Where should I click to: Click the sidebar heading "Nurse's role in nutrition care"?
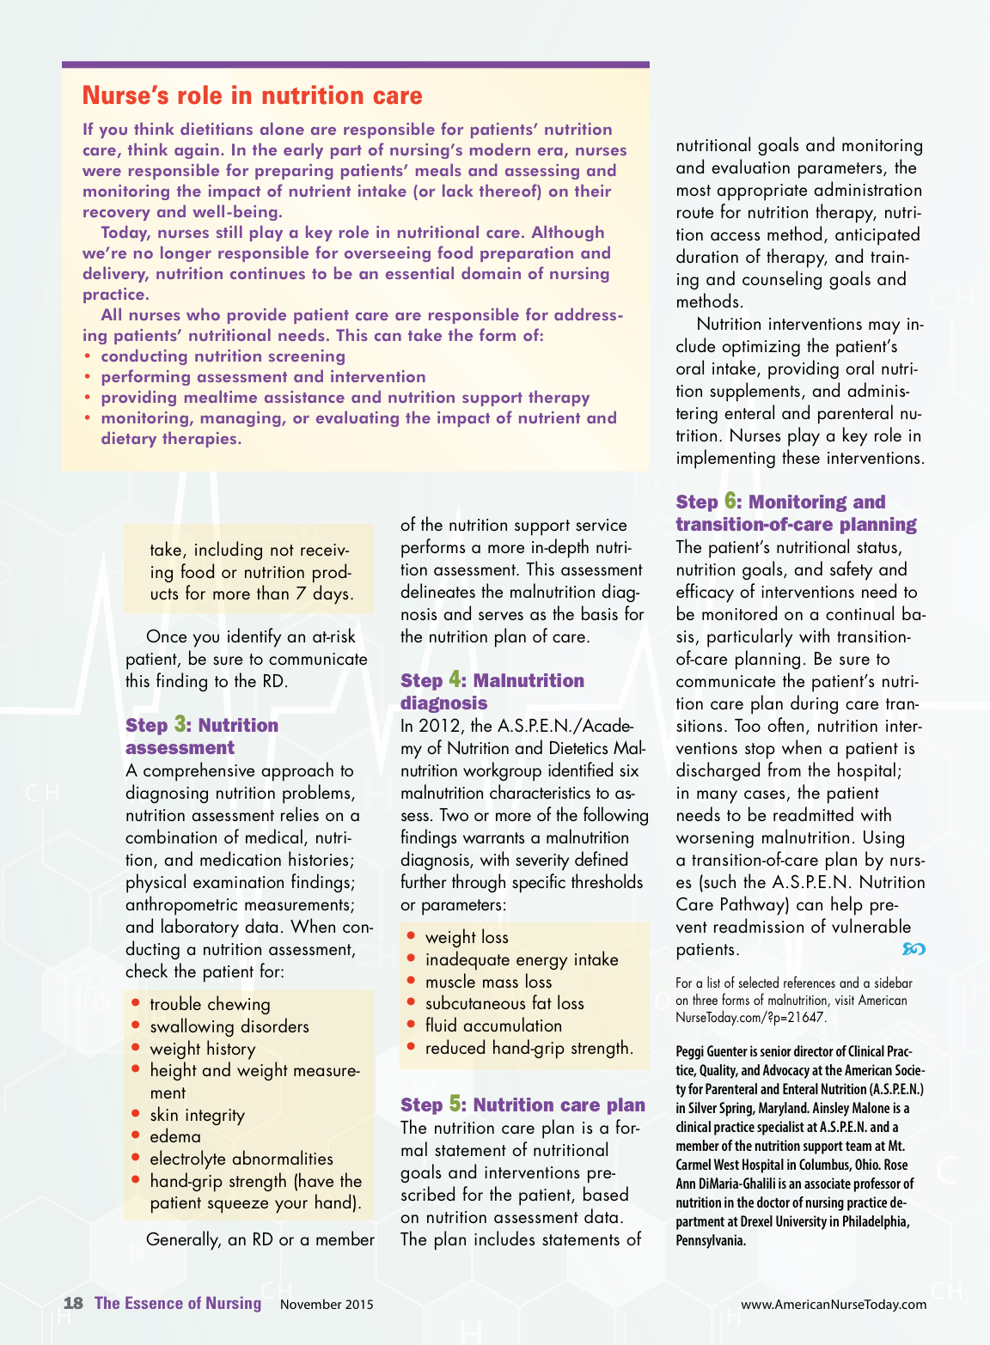[252, 95]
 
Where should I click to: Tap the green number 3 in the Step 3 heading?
[180, 724]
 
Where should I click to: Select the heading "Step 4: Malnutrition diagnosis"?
[492, 691]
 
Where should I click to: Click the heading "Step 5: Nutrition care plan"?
[522, 1105]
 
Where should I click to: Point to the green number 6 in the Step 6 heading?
[730, 501]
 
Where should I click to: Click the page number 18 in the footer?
[73, 1303]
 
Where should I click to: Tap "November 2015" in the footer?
[327, 1304]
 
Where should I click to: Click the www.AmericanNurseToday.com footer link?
[833, 1304]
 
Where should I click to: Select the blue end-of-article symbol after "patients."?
[914, 949]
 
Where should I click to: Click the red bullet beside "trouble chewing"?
[136, 1002]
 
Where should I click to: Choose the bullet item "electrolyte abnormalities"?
[241, 1159]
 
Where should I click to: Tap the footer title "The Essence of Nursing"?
[178, 1303]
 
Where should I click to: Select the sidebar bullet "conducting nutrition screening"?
[223, 356]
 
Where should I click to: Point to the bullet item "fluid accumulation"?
[493, 1025]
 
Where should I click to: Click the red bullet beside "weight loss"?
[412, 935]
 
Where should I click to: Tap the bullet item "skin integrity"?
[197, 1115]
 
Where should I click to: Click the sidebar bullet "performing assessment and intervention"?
[263, 377]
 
